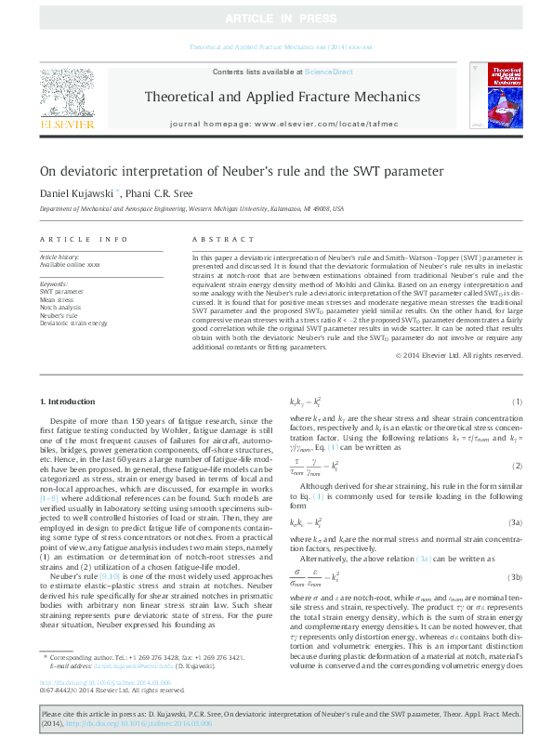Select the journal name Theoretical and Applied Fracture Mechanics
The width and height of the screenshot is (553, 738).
pyautogui.click(x=280, y=97)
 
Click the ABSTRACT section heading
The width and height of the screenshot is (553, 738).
pyautogui.click(x=216, y=239)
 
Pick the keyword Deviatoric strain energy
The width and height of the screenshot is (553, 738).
pyautogui.click(x=73, y=323)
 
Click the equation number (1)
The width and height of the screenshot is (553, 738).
pyautogui.click(x=518, y=402)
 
